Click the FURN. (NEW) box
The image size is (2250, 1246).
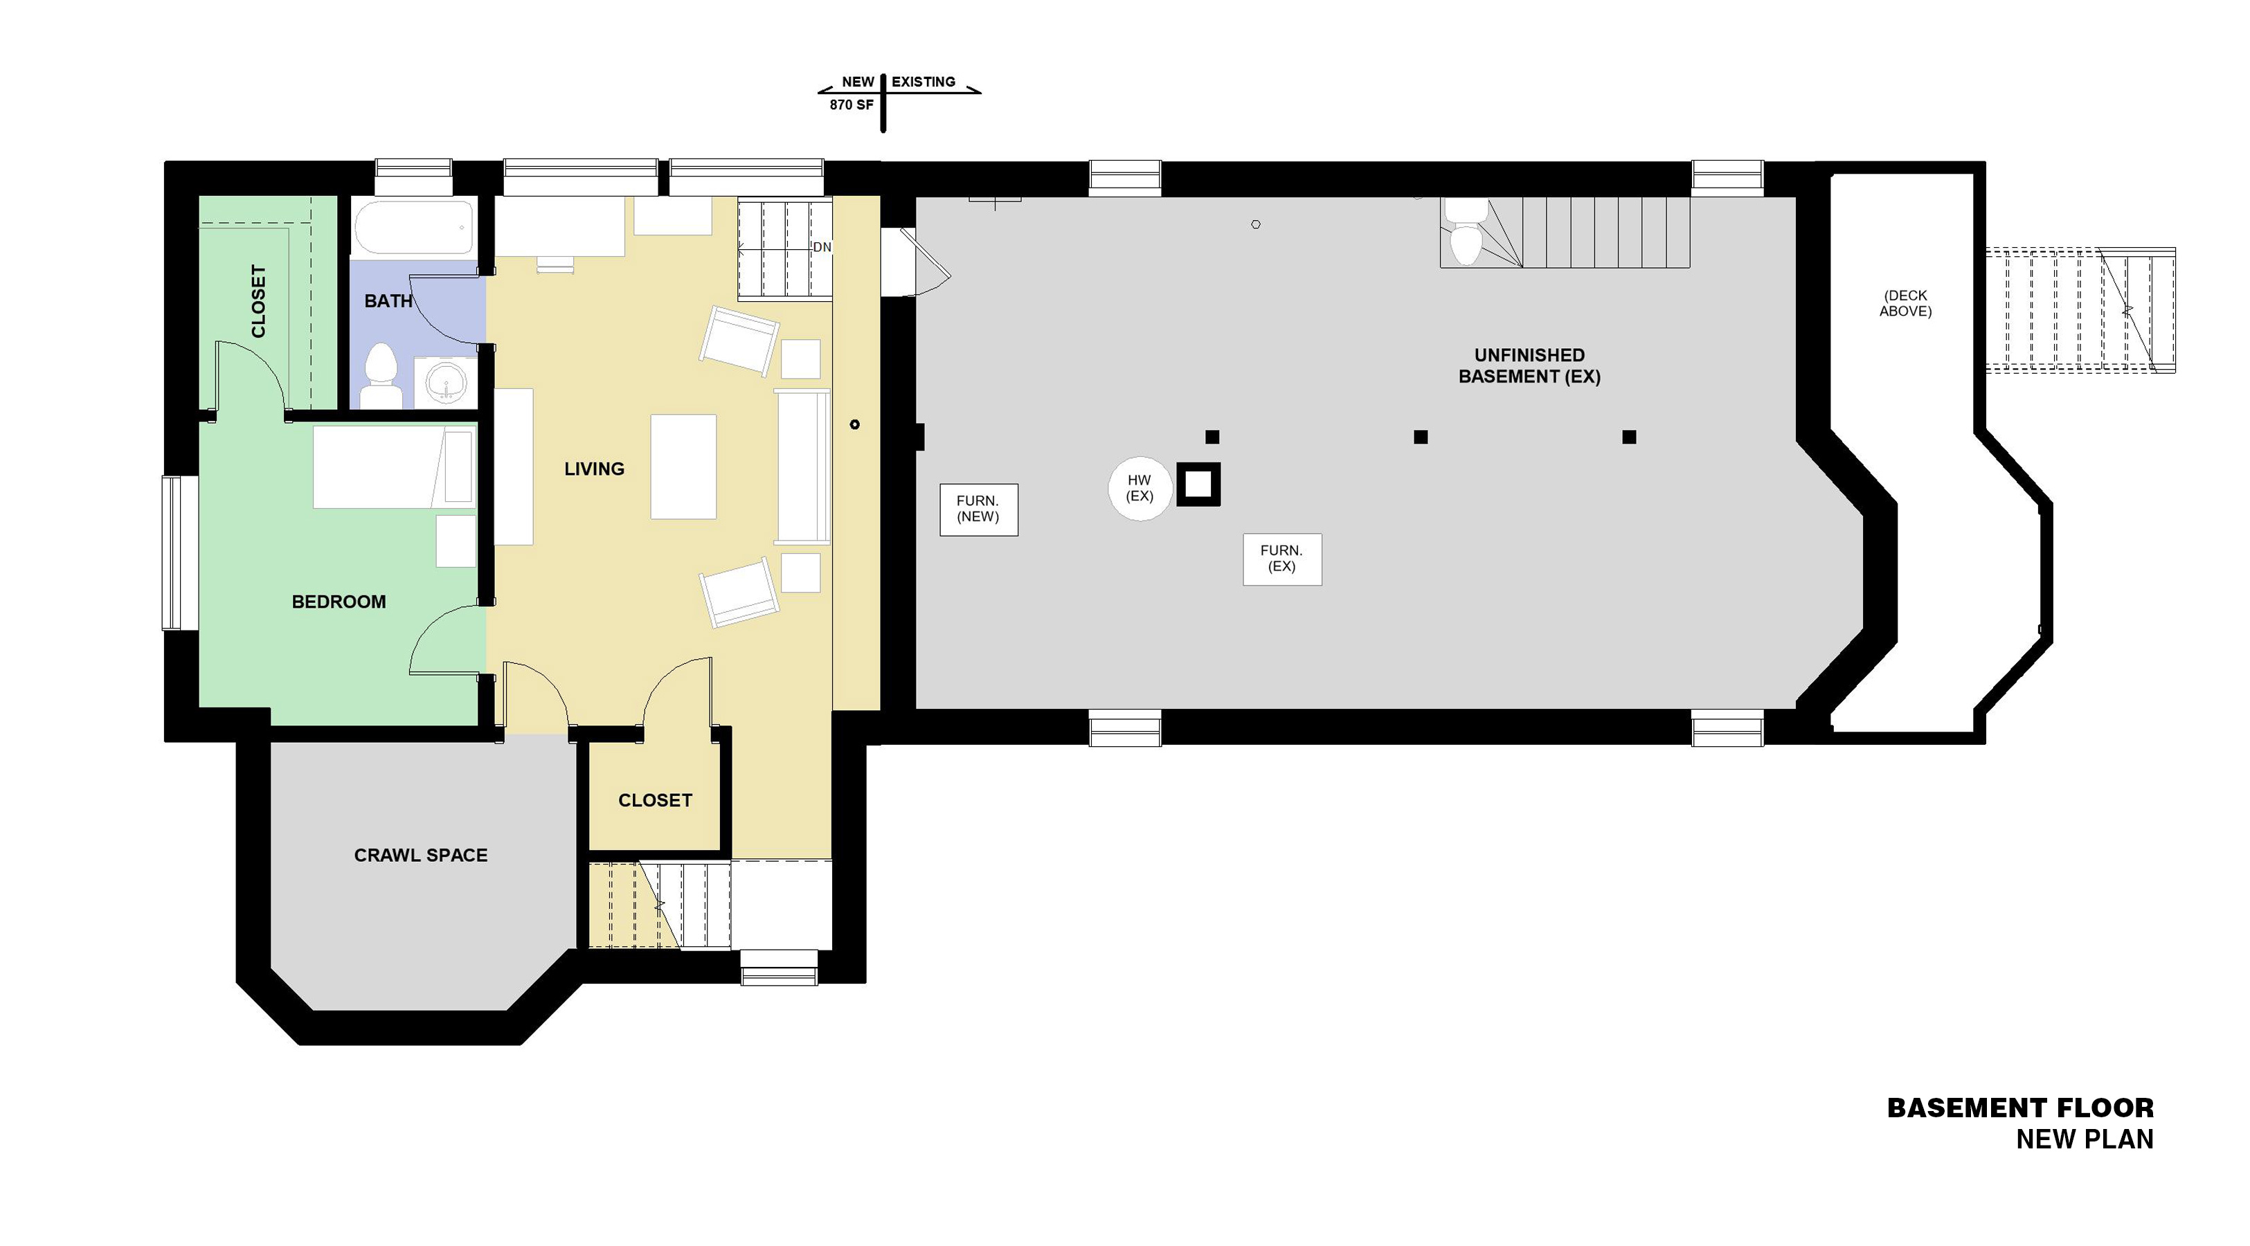point(978,509)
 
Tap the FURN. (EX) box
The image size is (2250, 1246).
point(1282,559)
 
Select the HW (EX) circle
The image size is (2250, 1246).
point(1140,488)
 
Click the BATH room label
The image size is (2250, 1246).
point(388,301)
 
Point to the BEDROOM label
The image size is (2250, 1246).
point(339,602)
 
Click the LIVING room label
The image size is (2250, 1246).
point(594,469)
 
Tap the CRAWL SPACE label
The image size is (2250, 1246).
point(421,856)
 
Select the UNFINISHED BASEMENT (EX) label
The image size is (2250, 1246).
point(1529,366)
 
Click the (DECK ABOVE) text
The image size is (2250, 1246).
point(1906,303)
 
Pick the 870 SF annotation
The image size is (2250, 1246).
point(852,105)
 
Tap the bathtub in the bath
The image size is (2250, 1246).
point(414,226)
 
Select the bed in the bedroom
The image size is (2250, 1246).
point(395,467)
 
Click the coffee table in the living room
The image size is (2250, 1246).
point(683,467)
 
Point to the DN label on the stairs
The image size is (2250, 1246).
point(822,247)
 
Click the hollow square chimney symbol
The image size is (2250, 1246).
point(1198,485)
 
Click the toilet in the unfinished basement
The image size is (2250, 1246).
point(1464,231)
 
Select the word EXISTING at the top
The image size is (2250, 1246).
point(924,82)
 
